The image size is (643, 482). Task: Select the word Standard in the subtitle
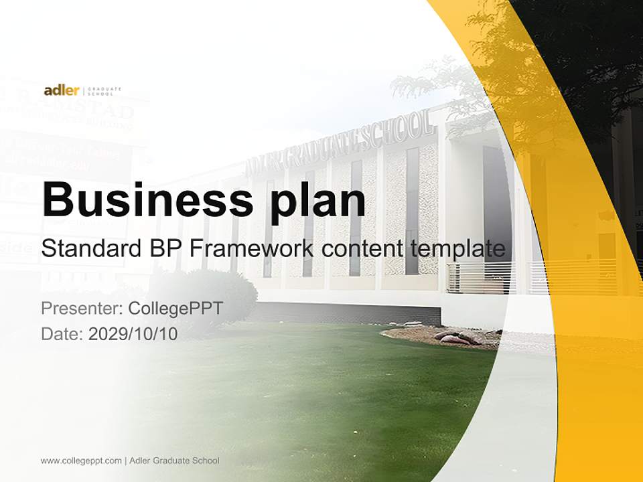coord(88,249)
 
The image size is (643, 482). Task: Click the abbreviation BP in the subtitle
coord(163,249)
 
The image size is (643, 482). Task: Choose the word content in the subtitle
coord(362,249)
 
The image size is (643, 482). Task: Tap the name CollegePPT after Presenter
coord(175,309)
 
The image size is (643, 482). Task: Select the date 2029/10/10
coord(133,334)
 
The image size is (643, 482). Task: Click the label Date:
coord(62,334)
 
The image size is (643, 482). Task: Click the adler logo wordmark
coord(61,90)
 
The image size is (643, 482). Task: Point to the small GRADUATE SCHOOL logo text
coord(105,90)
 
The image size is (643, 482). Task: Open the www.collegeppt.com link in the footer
coord(81,461)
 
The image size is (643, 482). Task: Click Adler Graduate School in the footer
coord(174,461)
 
